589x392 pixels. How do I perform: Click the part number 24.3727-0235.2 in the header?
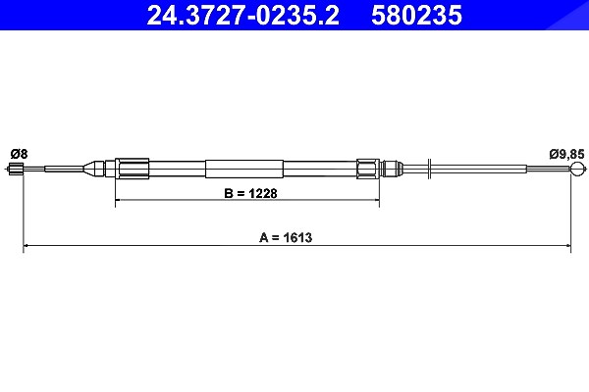[243, 15]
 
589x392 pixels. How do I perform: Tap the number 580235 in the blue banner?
[416, 15]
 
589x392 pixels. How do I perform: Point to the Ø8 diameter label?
[20, 154]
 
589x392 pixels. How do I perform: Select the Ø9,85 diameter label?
[566, 154]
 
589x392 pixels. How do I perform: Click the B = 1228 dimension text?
[250, 193]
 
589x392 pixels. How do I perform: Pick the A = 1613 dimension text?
[286, 237]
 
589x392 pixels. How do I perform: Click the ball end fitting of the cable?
[577, 169]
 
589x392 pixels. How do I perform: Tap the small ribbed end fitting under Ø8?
[16, 169]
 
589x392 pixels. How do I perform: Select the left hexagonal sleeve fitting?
[132, 169]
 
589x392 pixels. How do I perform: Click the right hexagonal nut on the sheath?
[368, 169]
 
